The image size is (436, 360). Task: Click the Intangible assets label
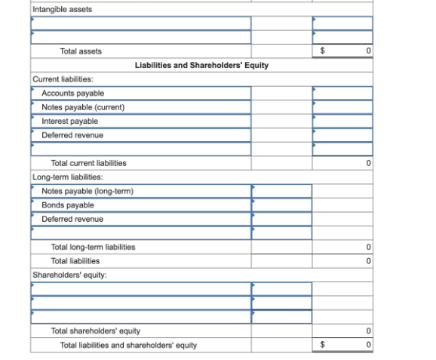point(63,9)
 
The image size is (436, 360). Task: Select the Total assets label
point(81,51)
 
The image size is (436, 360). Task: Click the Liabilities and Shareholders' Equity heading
point(201,66)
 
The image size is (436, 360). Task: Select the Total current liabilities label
point(88,163)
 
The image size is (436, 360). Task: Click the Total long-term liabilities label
point(93,247)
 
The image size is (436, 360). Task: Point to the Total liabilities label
point(75,261)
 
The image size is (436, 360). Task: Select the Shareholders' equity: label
point(69,275)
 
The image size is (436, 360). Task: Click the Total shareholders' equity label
point(95,331)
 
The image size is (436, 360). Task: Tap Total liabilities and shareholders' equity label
point(128,346)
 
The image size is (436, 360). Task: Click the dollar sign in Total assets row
point(322,51)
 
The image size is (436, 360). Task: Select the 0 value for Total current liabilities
point(368,163)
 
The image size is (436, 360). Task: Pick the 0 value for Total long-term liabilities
point(368,247)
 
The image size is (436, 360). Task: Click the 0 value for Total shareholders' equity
point(368,331)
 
